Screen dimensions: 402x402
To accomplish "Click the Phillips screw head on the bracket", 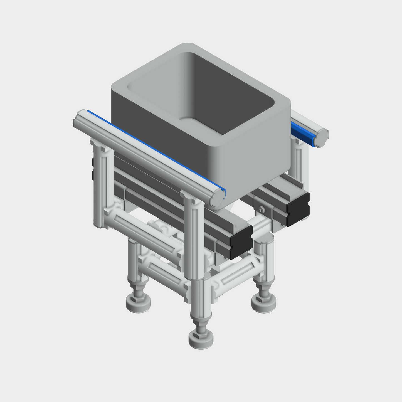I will (x=261, y=210).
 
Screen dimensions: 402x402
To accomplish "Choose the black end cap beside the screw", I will (x=298, y=209).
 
